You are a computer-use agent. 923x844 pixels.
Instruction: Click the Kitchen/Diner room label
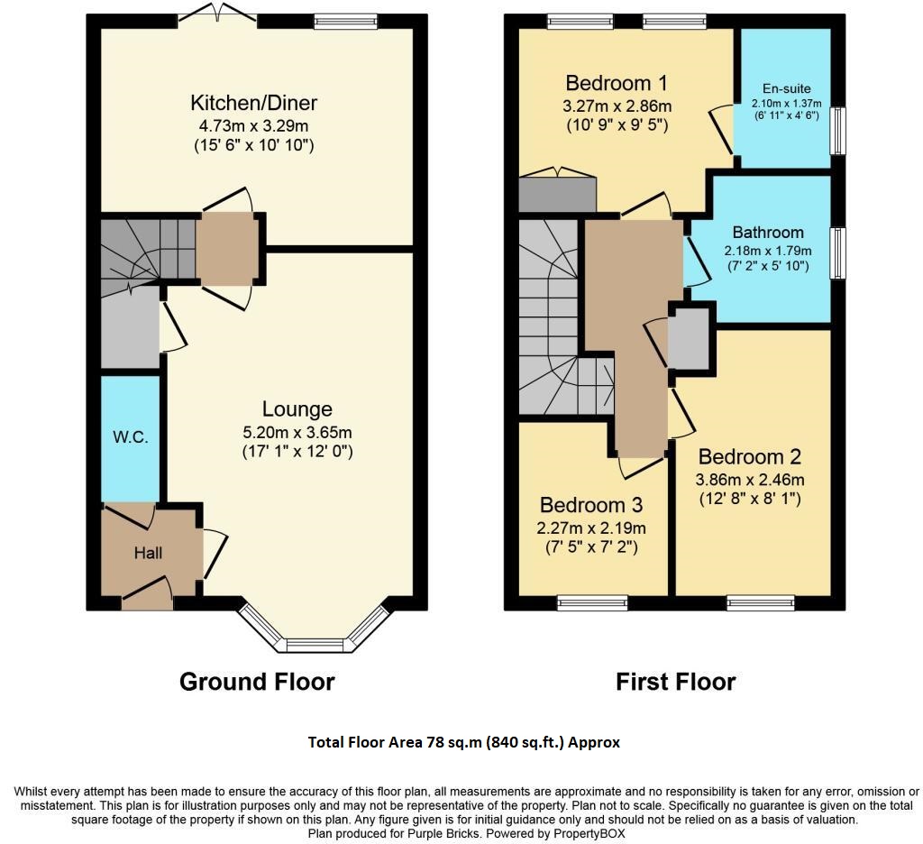pyautogui.click(x=253, y=103)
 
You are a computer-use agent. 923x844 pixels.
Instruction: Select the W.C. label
pyautogui.click(x=130, y=437)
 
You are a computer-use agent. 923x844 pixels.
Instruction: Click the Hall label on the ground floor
pyautogui.click(x=149, y=553)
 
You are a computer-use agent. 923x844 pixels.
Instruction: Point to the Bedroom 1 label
pyautogui.click(x=616, y=84)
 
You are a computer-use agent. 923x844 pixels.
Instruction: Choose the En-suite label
pyautogui.click(x=786, y=88)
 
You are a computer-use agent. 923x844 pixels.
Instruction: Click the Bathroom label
pyautogui.click(x=768, y=232)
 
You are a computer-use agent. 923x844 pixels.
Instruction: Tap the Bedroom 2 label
pyautogui.click(x=749, y=456)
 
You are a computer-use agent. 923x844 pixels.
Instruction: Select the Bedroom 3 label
pyautogui.click(x=590, y=505)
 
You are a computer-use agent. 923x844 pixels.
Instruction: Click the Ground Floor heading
pyautogui.click(x=257, y=682)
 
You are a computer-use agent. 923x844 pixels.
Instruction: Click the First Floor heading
pyautogui.click(x=675, y=682)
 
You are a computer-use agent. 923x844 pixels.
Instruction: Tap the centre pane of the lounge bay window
pyautogui.click(x=315, y=644)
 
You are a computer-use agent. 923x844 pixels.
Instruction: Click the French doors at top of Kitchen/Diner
pyautogui.click(x=217, y=14)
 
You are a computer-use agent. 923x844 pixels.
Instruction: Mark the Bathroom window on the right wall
pyautogui.click(x=837, y=254)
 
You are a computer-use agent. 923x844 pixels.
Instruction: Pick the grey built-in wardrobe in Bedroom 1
pyautogui.click(x=558, y=192)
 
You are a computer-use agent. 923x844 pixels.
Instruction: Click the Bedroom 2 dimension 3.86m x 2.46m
pyautogui.click(x=749, y=480)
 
